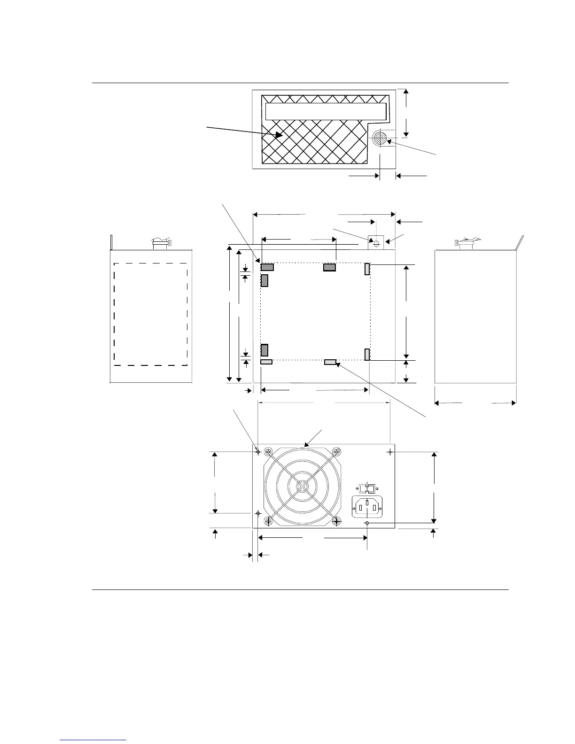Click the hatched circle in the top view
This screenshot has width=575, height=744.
tap(380, 138)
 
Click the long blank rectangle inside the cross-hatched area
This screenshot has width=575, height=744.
tap(326, 111)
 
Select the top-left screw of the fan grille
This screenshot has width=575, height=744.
tap(268, 452)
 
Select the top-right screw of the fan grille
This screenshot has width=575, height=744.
tap(336, 452)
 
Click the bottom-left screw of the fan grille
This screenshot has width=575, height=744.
tap(268, 521)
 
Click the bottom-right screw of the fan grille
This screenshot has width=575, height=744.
tap(336, 521)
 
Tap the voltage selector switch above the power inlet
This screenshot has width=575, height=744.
tap(367, 488)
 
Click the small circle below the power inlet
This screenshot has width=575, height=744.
tap(367, 523)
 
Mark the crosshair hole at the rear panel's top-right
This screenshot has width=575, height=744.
tap(390, 451)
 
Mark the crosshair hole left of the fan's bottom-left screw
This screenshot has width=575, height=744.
tap(258, 514)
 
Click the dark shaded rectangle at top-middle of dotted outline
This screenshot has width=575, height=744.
tap(329, 268)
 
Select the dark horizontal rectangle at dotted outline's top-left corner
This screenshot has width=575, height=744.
tap(267, 267)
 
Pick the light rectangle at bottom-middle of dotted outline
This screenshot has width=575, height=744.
tap(330, 362)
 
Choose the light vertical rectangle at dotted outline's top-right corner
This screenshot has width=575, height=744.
tap(367, 269)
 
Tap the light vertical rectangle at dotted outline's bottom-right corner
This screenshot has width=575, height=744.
tap(367, 355)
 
